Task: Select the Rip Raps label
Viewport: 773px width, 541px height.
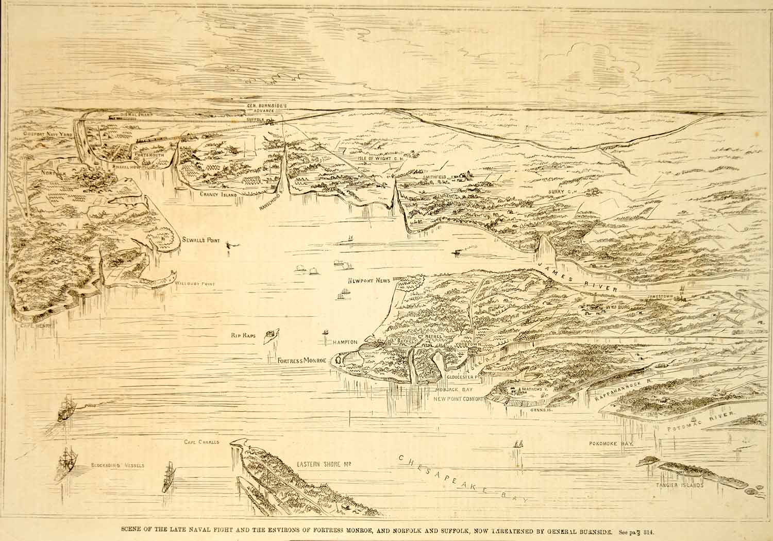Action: [x=244, y=335]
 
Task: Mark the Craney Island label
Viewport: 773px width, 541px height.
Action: [x=219, y=195]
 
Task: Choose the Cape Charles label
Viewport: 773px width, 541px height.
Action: [x=202, y=442]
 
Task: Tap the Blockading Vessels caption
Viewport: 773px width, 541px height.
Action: [x=118, y=465]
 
